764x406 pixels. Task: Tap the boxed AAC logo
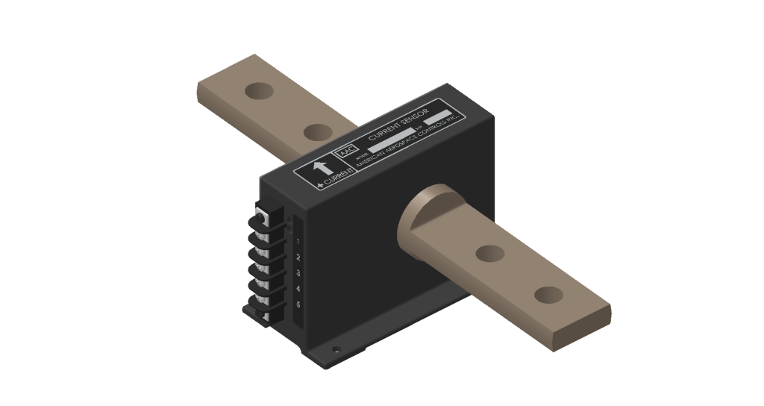point(346,150)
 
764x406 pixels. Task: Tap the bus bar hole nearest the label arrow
point(318,133)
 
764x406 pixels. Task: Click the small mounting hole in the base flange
point(337,348)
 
